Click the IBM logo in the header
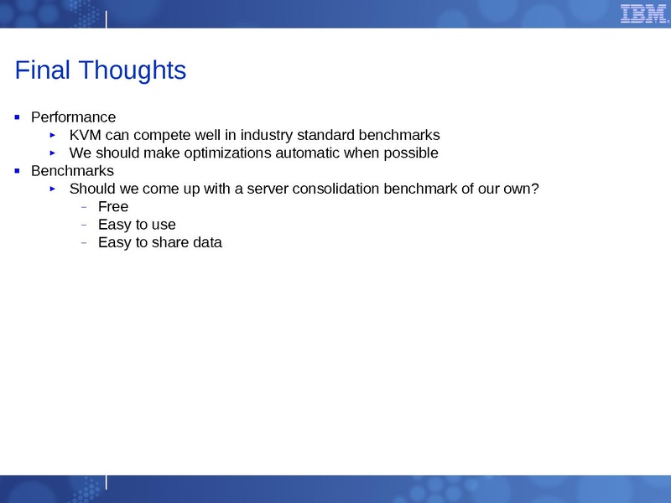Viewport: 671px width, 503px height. coord(643,13)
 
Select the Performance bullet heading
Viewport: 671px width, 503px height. coord(73,117)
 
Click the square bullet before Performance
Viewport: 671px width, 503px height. coord(17,117)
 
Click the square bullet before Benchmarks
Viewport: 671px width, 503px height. coord(17,171)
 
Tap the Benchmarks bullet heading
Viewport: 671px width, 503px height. coord(72,171)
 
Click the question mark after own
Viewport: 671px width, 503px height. coord(534,189)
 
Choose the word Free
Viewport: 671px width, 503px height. coord(113,207)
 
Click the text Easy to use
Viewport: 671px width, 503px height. coord(137,225)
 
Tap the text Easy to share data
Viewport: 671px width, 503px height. coord(159,243)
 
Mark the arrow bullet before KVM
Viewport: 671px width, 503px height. coord(52,135)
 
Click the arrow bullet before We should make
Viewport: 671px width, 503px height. coord(52,153)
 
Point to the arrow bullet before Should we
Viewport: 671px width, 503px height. coord(52,189)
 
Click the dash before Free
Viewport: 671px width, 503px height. coord(84,207)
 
